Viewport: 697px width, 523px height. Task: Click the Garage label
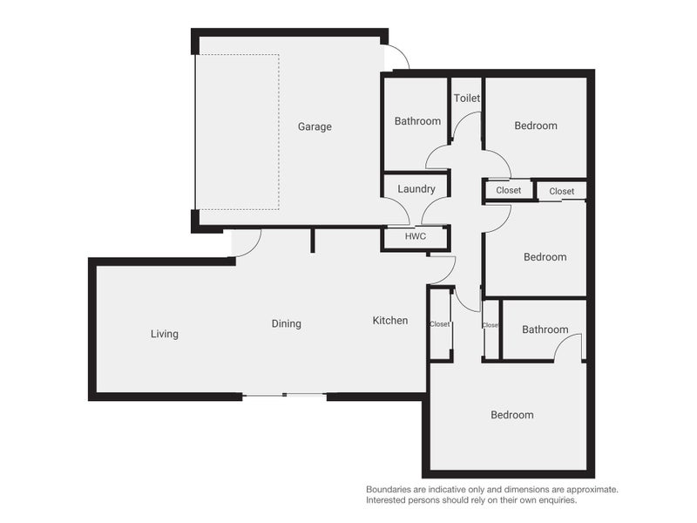pos(315,126)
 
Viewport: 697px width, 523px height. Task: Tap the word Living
pos(164,334)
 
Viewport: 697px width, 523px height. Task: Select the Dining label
pos(286,323)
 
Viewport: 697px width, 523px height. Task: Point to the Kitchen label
pos(390,321)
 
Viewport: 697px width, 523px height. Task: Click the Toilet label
pos(467,98)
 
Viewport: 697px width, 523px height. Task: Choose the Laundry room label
pos(416,189)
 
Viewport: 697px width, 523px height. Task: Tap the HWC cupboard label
pos(416,236)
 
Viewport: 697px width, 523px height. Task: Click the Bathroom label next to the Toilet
pos(417,121)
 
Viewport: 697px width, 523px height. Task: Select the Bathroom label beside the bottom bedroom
pos(545,329)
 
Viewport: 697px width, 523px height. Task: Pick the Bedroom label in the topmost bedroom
pos(535,126)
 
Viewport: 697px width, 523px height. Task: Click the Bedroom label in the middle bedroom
pos(545,257)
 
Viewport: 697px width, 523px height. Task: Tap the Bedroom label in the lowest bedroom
pos(511,415)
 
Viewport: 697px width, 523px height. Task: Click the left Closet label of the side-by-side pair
pos(508,190)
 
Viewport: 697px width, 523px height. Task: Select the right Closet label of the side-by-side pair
pos(561,191)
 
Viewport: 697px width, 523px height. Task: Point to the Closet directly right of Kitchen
pos(440,324)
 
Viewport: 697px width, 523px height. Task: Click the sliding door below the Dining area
pos(284,396)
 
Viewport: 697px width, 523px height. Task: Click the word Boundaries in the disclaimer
pos(392,490)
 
